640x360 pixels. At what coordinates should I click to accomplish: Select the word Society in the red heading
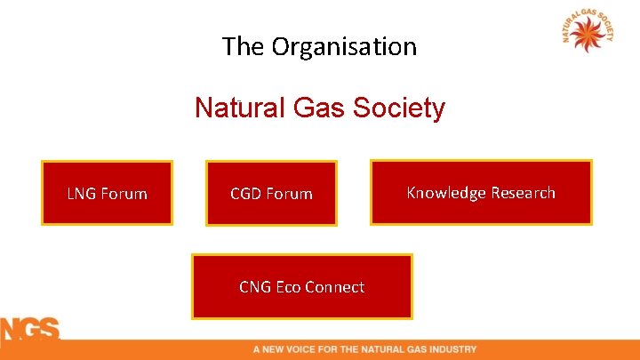coord(398,108)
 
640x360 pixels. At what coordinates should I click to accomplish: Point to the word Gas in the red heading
coord(316,108)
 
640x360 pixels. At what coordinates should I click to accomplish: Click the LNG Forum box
coord(107,193)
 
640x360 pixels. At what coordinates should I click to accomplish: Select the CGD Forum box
coord(271,193)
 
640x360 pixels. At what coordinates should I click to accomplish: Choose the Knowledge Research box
coord(481,192)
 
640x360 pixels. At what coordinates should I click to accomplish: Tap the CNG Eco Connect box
coord(302,286)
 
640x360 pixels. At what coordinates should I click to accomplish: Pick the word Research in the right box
coord(522,193)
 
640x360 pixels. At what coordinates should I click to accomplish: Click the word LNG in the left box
coord(83,193)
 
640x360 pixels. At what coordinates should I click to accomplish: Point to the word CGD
coord(246,193)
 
